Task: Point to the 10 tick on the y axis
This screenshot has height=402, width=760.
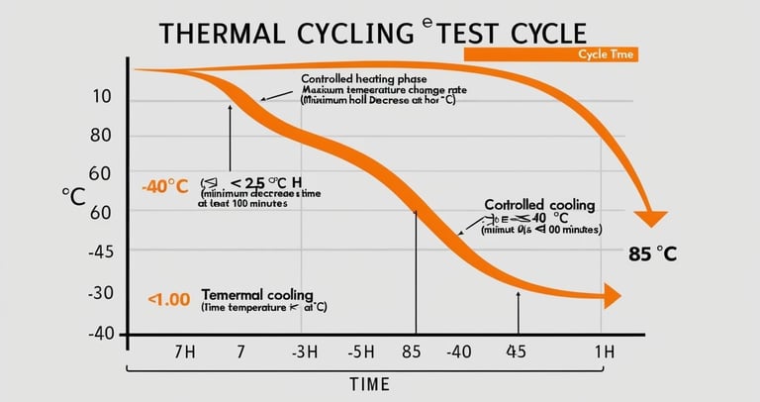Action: point(102,97)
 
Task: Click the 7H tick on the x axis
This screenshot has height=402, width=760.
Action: point(186,352)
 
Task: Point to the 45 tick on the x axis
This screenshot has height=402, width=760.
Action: point(516,352)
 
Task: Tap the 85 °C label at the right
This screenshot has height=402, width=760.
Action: point(652,253)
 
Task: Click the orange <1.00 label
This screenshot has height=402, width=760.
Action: point(168,297)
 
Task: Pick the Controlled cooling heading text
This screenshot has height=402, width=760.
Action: point(539,205)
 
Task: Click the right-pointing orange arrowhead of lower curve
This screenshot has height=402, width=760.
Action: point(611,295)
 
